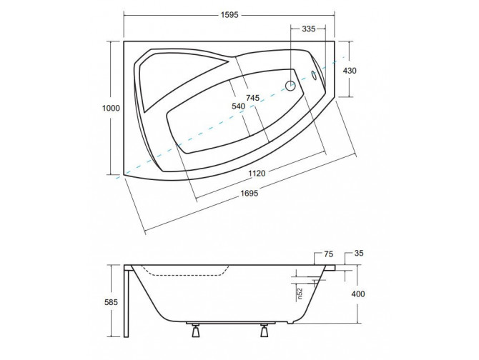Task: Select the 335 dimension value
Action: [309, 29]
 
